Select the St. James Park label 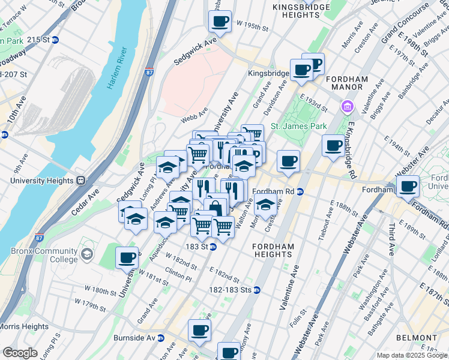pos(298,126)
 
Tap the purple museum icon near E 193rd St pos(346,107)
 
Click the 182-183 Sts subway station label pos(227,290)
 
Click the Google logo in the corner pos(20,353)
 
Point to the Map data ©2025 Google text pos(412,355)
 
